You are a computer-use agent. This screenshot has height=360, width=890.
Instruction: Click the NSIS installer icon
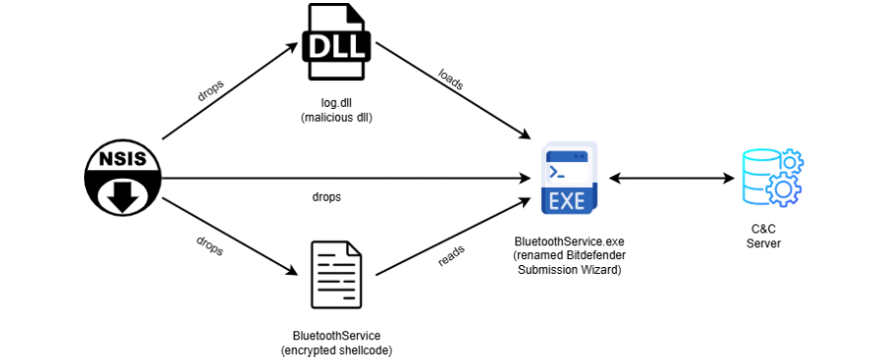[x=124, y=179]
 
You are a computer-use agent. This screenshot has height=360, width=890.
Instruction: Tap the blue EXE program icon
[x=570, y=178]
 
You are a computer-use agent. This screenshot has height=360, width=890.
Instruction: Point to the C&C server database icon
[x=773, y=178]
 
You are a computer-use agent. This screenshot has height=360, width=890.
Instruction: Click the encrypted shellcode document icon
[x=336, y=275]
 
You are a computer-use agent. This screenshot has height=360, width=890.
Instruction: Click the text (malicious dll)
[x=335, y=118]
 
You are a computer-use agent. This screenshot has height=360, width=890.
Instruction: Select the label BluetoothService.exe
[x=570, y=241]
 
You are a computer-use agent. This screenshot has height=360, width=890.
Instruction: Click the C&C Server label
[x=763, y=237]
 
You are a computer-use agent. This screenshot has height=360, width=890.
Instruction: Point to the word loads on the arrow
[x=451, y=80]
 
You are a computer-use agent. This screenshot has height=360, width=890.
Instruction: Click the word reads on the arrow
[x=451, y=257]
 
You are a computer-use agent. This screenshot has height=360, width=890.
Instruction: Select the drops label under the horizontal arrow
[x=326, y=198]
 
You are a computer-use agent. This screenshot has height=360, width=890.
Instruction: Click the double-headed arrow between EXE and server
[x=671, y=179]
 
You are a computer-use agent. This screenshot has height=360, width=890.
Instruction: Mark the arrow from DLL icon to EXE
[x=453, y=90]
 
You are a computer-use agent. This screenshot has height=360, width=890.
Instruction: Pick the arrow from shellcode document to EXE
[x=453, y=236]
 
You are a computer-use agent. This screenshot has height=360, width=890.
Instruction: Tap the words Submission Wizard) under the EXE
[x=570, y=270]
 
